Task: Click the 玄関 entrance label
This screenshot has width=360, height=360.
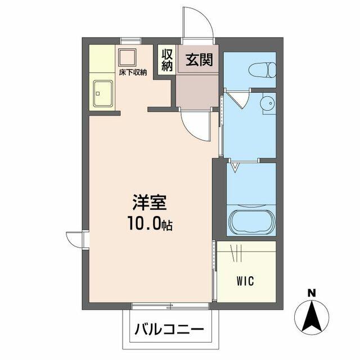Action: point(199,60)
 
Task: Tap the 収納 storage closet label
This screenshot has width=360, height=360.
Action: point(167,60)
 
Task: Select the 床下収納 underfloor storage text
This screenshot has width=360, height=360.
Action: point(133,73)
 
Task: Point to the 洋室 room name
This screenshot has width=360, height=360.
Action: point(149,202)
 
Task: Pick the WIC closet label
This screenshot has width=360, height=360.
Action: point(245,281)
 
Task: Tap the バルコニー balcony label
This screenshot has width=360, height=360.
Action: point(169,330)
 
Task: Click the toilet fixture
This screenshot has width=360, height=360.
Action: point(262,70)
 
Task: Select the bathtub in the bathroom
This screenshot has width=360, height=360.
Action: point(252,222)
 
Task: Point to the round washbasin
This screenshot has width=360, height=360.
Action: point(268,103)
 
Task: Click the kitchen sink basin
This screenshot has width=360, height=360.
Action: point(103,93)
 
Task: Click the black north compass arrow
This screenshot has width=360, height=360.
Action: point(312,317)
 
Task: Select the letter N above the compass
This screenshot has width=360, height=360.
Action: point(312,293)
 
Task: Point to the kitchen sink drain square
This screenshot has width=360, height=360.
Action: point(98,93)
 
